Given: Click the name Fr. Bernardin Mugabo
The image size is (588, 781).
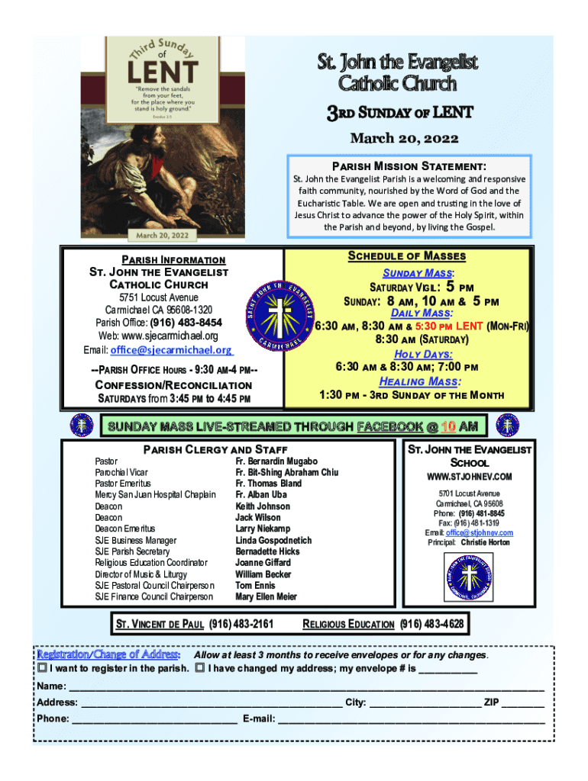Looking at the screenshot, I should tap(276, 461).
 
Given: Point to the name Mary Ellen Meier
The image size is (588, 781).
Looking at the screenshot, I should tap(267, 596).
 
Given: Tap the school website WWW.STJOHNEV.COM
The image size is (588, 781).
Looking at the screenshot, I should tap(470, 477).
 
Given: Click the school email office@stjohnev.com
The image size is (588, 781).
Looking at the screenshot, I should tap(479, 532).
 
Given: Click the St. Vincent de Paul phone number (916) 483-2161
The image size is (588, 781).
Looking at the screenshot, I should tap(241, 625).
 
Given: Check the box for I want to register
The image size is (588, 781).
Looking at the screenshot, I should tap(42, 669).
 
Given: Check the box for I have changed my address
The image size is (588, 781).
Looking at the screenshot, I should tap(200, 669).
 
